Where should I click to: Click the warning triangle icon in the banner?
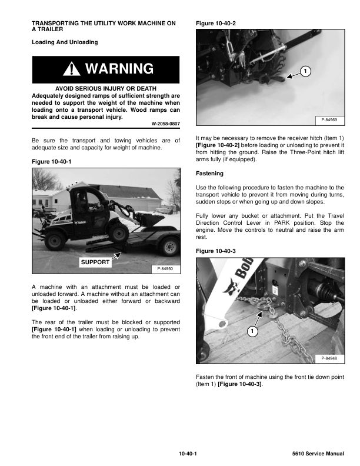click(73, 69)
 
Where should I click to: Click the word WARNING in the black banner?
click(119, 69)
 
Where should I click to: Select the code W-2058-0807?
click(165, 124)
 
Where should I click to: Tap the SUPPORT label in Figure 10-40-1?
click(95, 262)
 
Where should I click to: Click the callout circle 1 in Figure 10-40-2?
click(305, 72)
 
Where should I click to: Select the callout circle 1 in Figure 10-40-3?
click(251, 332)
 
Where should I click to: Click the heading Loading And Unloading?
click(65, 42)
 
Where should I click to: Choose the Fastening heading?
click(209, 174)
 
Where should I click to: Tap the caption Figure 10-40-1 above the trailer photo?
click(50, 162)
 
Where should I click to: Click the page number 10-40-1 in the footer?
click(188, 453)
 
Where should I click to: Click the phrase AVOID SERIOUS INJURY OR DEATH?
click(105, 88)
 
